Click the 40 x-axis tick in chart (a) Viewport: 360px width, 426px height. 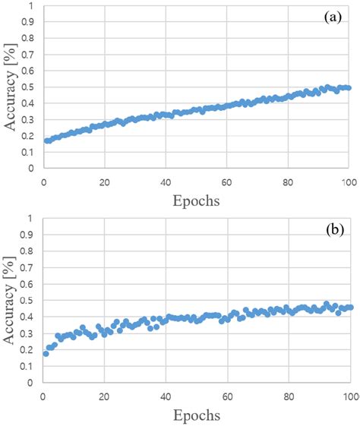click(166, 182)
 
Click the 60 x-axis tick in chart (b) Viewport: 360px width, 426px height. click(227, 396)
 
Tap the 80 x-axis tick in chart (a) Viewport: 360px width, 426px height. click(289, 182)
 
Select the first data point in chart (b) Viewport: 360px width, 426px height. click(46, 354)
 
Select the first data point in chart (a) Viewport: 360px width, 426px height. click(46, 140)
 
